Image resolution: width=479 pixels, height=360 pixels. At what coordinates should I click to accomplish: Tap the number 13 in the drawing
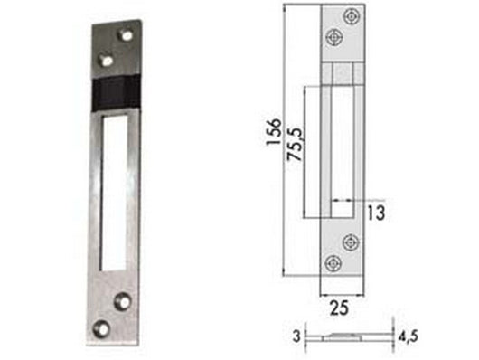pyautogui.click(x=376, y=213)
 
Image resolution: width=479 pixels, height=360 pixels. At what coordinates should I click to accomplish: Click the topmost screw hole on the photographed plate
pyautogui.click(x=126, y=36)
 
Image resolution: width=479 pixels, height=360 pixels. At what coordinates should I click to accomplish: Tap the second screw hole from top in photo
pyautogui.click(x=108, y=60)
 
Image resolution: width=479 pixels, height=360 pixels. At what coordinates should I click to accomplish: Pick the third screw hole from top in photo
pyautogui.click(x=123, y=299)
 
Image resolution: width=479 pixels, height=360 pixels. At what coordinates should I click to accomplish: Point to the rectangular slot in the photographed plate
pyautogui.click(x=115, y=190)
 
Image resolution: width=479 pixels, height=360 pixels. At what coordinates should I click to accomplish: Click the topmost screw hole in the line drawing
pyautogui.click(x=351, y=15)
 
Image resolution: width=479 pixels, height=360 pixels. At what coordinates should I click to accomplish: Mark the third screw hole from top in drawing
pyautogui.click(x=351, y=241)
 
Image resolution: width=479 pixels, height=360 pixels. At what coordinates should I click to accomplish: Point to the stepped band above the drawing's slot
pyautogui.click(x=343, y=71)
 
